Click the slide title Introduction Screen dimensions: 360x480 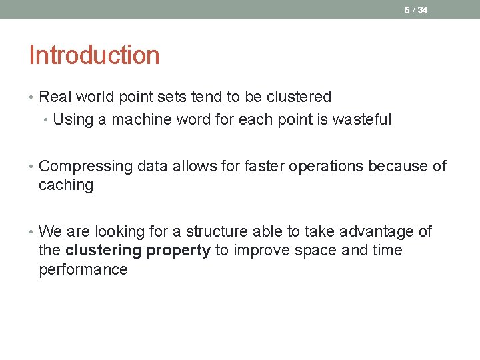pos(94,55)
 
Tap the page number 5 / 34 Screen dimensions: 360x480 pos(416,10)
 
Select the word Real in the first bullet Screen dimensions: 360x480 pos(55,97)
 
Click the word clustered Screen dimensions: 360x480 pos(299,97)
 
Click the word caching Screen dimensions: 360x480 pos(66,185)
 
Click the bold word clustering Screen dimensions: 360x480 pos(103,251)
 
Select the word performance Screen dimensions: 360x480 pos(83,270)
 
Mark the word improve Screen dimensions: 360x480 pos(258,251)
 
